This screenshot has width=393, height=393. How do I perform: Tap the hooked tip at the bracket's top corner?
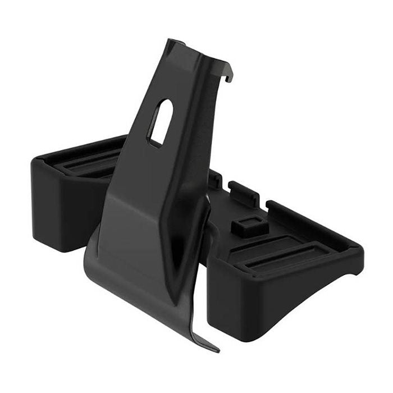(x=229, y=76)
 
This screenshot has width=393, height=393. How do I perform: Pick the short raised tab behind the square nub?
(x=243, y=191)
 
